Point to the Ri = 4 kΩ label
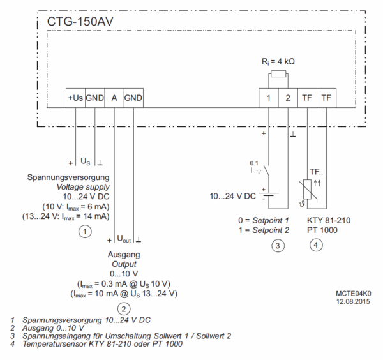click(x=278, y=62)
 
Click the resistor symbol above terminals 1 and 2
click(x=278, y=74)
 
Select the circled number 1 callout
click(x=84, y=232)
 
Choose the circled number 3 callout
click(x=277, y=245)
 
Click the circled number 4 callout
click(x=316, y=245)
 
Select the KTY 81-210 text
click(x=330, y=220)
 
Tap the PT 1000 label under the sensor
click(x=322, y=230)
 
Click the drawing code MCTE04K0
click(x=352, y=294)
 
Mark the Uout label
click(x=125, y=239)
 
